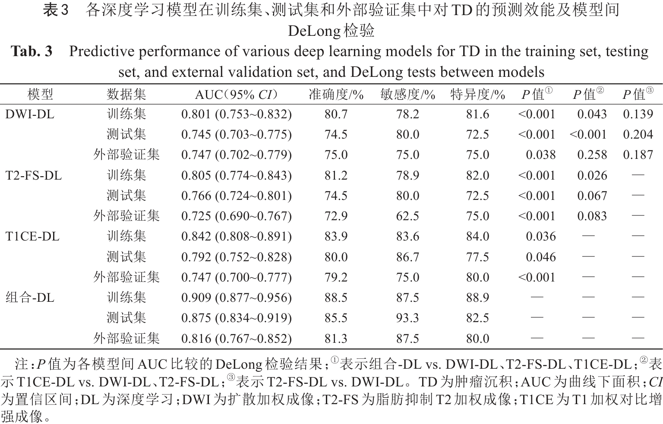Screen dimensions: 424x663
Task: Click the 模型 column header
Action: (x=40, y=94)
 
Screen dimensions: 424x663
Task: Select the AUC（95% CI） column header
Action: (x=236, y=94)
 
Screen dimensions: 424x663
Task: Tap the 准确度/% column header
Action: (x=336, y=94)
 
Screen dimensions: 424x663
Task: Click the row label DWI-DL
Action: (x=30, y=114)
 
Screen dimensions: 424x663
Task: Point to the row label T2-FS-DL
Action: (x=34, y=175)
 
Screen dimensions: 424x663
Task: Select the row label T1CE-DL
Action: (x=32, y=236)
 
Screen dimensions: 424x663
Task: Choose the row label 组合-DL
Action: (x=30, y=297)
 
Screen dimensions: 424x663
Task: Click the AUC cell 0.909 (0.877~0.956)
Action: (x=236, y=297)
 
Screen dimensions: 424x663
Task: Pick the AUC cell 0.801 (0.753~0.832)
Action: (x=236, y=114)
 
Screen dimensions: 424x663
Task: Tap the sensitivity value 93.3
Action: (x=407, y=318)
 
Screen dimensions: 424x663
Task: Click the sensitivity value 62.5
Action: (x=407, y=216)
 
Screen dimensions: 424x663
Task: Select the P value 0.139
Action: (x=638, y=114)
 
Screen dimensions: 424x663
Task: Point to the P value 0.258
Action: (x=592, y=155)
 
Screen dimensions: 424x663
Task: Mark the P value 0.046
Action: (x=540, y=257)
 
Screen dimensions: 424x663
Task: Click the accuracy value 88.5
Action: (x=336, y=297)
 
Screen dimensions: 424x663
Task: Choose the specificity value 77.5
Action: (x=477, y=257)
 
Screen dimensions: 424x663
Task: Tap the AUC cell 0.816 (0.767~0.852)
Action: (x=236, y=339)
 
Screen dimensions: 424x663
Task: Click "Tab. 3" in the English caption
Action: (x=32, y=51)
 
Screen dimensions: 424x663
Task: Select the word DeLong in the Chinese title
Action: (x=314, y=31)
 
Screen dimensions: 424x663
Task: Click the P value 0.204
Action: (x=638, y=134)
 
